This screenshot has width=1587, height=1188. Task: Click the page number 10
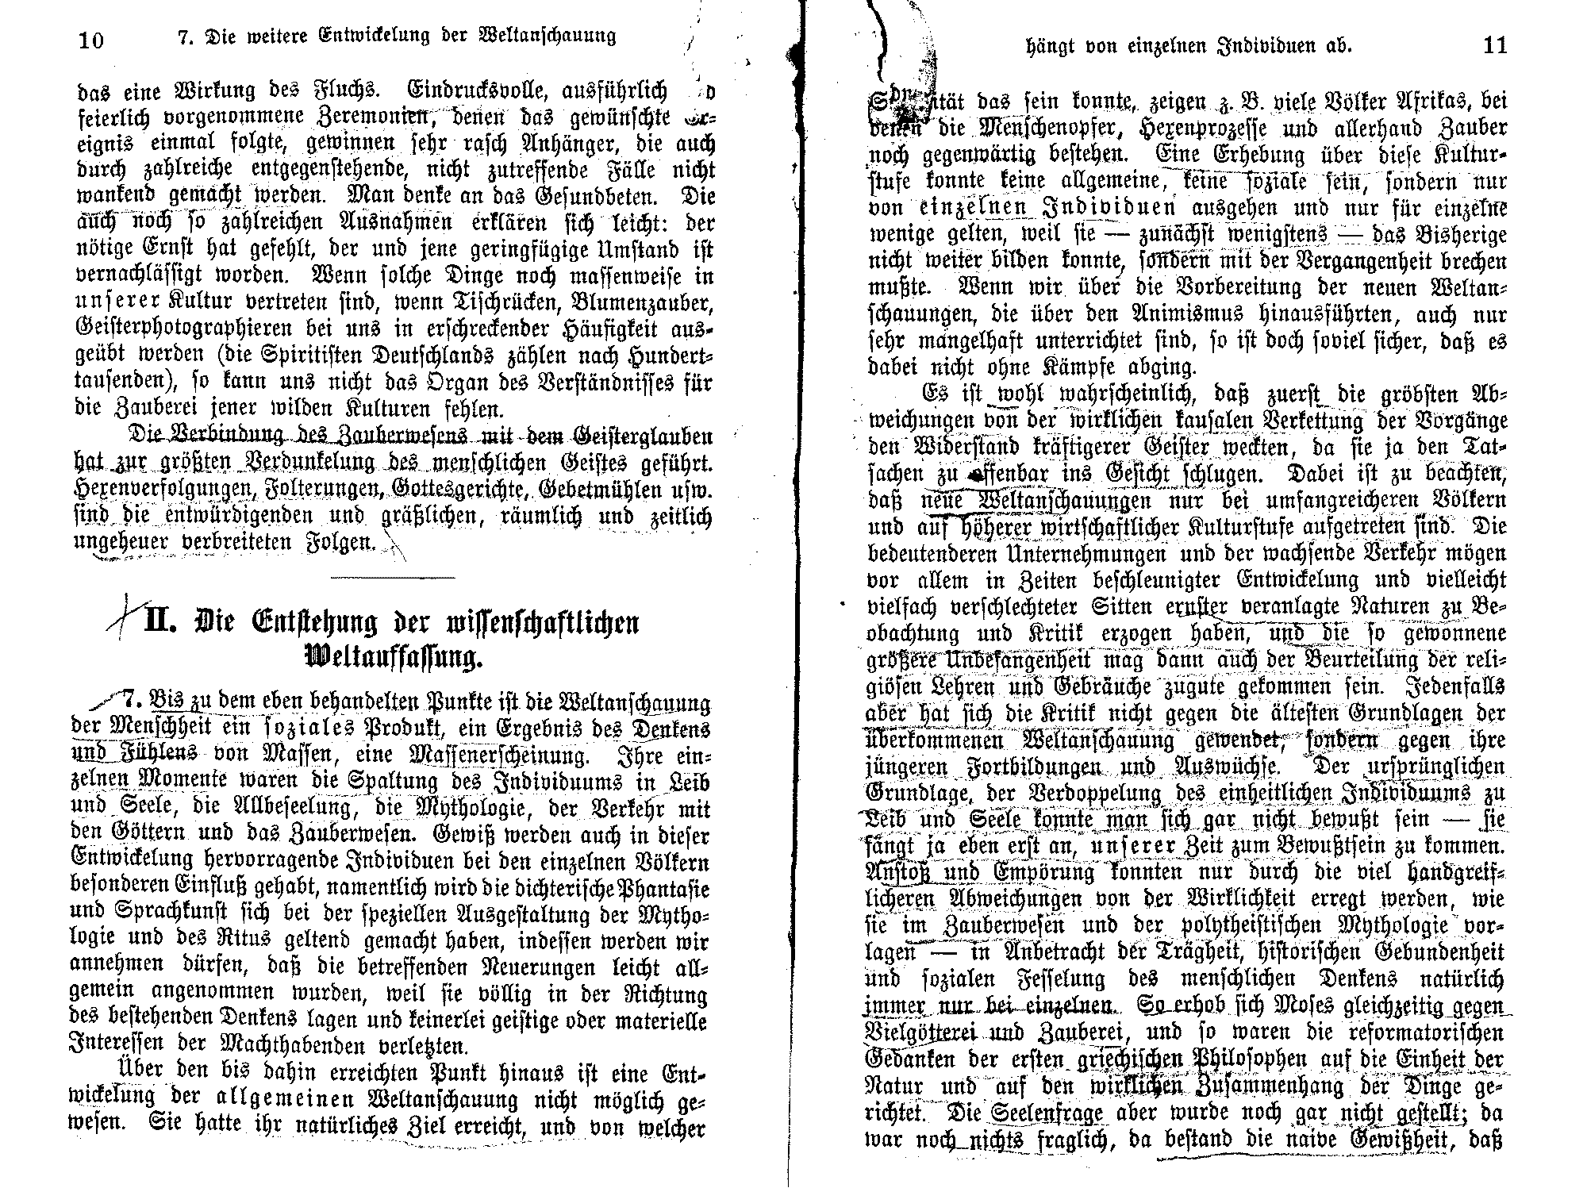point(92,40)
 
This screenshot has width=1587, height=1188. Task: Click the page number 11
point(1494,46)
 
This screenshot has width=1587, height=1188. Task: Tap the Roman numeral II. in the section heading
point(166,621)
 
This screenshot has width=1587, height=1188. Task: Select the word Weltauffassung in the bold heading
point(392,658)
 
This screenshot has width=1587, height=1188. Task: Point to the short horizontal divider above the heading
point(394,578)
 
